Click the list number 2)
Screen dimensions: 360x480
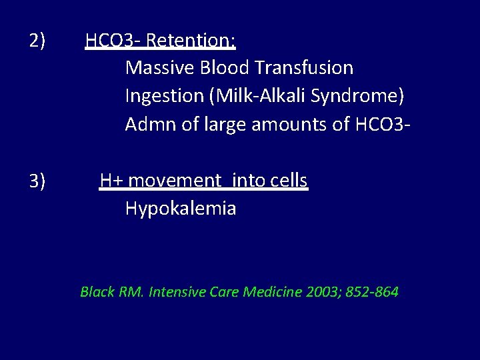point(37,41)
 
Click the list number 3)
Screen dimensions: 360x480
point(37,181)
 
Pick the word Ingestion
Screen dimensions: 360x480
point(164,96)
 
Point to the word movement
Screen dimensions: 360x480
point(175,181)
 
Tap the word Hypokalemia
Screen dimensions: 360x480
point(181,209)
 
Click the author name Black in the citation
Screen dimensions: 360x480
point(97,292)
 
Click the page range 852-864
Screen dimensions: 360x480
point(372,292)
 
